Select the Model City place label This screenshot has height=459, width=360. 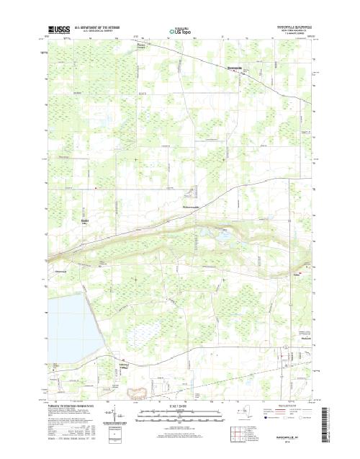pyautogui.click(x=85, y=220)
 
